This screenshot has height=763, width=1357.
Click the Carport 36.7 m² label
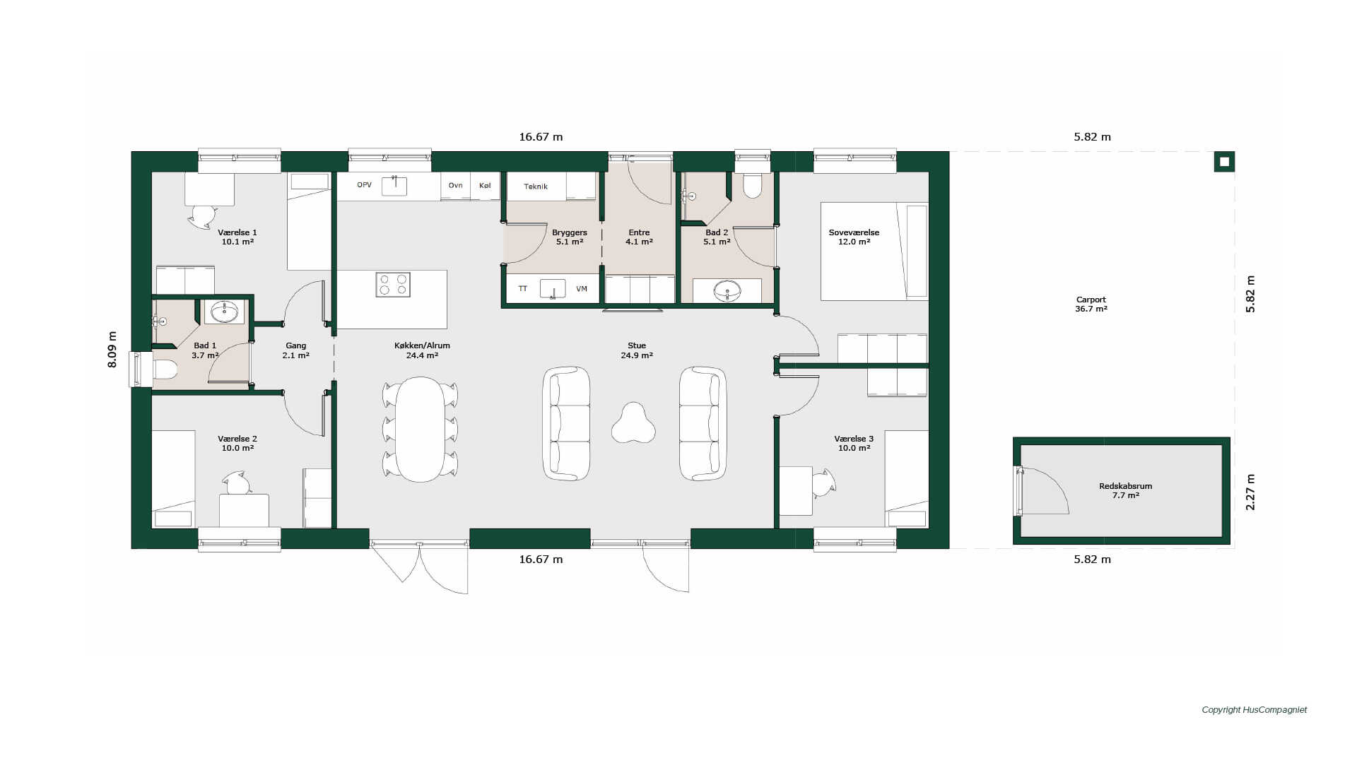tap(1091, 304)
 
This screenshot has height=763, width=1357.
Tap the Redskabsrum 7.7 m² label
tap(1125, 491)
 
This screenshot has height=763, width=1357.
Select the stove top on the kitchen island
tap(393, 284)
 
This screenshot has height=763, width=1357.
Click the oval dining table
tap(420, 430)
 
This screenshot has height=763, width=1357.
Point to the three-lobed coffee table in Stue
tap(633, 423)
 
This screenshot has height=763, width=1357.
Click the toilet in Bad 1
tap(165, 369)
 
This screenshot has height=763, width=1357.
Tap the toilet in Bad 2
tap(752, 185)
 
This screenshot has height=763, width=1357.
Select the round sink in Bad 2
tap(727, 290)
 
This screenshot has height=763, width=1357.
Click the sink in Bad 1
tap(225, 310)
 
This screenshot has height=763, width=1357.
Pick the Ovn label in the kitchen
tap(456, 185)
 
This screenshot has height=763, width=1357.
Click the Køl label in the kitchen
tap(485, 185)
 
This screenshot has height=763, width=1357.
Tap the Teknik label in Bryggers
tap(536, 187)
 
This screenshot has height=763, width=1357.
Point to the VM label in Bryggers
tap(582, 289)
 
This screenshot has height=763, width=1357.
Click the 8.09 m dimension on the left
tap(112, 349)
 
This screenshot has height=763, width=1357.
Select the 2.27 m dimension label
tap(1250, 492)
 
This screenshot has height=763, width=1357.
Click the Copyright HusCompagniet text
tap(1255, 710)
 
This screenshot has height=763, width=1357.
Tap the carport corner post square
tap(1224, 162)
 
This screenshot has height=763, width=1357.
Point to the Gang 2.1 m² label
tap(295, 350)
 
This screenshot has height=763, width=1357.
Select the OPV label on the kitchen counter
tap(364, 185)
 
